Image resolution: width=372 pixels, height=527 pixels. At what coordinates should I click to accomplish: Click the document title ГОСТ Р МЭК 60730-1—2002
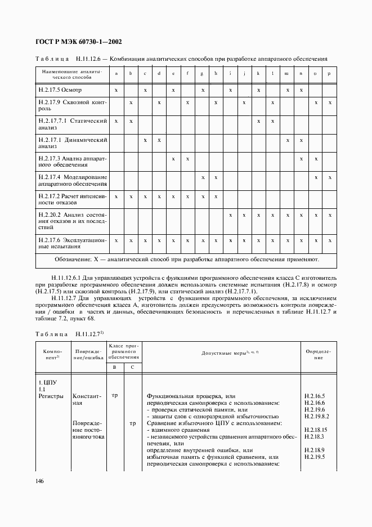pos(80,42)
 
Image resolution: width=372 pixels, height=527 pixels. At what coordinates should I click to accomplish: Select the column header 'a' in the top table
pos(116,73)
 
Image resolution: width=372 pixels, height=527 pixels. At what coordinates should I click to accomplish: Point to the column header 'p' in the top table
pos(330,73)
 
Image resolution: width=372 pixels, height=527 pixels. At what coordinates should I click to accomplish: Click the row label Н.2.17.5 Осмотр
pos(60,90)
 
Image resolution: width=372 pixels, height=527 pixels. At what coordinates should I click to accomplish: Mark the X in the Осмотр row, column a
pos(116,90)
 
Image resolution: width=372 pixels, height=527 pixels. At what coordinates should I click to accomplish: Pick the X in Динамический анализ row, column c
pos(145,140)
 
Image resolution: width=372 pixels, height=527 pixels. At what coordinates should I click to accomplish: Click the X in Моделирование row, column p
pos(330,177)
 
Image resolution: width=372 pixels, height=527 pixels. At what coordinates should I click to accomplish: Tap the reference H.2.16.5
pos(315,396)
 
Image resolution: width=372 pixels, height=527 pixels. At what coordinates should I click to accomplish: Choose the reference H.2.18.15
pos(316,430)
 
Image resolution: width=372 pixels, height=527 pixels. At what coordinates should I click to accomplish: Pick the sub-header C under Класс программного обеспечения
pos(132,368)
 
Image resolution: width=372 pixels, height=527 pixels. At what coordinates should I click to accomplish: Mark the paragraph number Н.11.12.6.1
pos(69,278)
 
